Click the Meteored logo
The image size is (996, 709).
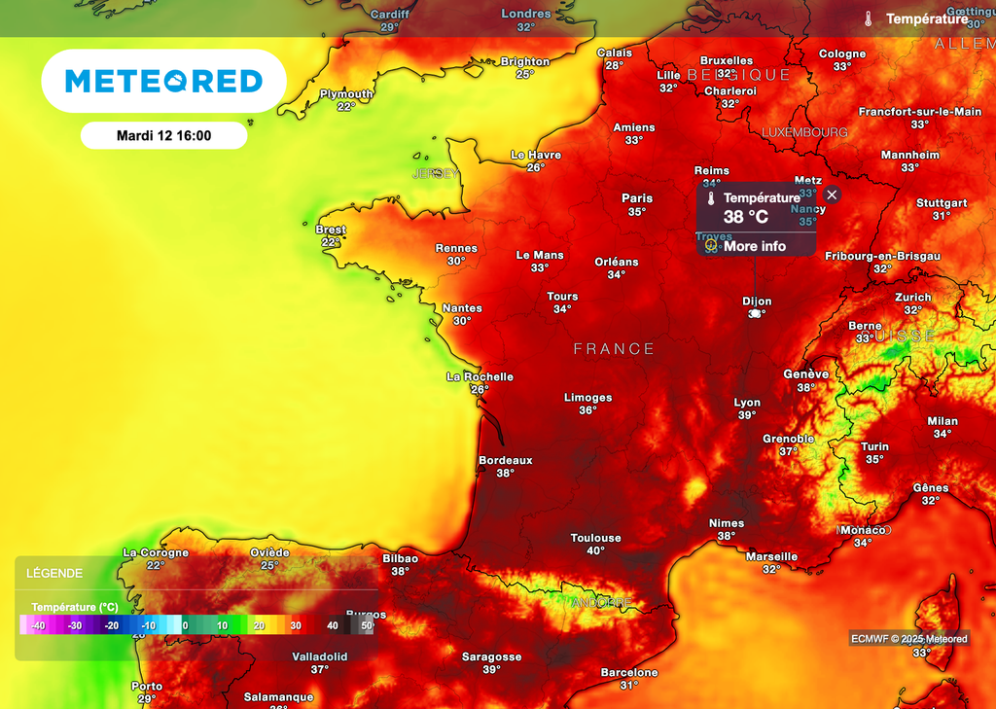click(163, 81)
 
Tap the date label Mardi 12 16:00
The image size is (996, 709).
click(163, 135)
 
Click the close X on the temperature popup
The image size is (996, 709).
click(832, 195)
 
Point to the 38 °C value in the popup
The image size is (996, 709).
click(745, 216)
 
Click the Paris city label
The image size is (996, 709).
click(637, 198)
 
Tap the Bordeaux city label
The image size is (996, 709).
click(505, 460)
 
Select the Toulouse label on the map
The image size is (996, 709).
click(595, 538)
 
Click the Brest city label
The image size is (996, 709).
click(331, 230)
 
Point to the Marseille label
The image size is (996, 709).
click(771, 556)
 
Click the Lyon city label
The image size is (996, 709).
click(747, 402)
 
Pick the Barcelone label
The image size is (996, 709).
click(629, 672)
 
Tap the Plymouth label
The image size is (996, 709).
click(346, 93)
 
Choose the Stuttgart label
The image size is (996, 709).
click(942, 203)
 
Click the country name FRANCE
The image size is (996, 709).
click(614, 348)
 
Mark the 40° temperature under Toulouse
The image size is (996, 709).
click(595, 550)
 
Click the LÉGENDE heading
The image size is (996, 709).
click(54, 573)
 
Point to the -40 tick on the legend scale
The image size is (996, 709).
click(38, 625)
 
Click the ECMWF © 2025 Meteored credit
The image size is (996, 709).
click(909, 638)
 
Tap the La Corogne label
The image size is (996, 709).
click(156, 552)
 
